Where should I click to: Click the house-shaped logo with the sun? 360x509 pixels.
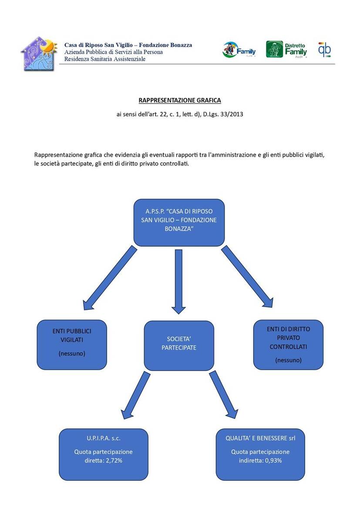39,54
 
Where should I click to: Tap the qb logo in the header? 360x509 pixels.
324,50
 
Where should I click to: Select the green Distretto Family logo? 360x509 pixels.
286,49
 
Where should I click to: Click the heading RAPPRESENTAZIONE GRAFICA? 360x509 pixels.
180,100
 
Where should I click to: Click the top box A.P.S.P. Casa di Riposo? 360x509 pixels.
179,223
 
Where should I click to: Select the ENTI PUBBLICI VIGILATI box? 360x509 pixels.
72,345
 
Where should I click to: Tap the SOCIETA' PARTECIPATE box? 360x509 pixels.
179,346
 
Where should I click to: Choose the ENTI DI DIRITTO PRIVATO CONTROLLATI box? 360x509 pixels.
288,345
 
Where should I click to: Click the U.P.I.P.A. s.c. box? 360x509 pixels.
103,455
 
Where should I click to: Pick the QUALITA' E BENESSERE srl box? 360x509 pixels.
260,455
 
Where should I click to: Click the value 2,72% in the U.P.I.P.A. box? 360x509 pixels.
114,461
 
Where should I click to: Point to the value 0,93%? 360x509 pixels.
273,461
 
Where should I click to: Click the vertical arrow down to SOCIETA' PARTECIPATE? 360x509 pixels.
178,282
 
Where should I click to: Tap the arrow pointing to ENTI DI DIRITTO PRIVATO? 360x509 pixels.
248,277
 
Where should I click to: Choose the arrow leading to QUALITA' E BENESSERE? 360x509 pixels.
224,395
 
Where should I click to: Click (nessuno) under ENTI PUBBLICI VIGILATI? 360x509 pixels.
72,354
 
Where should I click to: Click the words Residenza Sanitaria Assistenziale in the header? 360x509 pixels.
104,59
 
